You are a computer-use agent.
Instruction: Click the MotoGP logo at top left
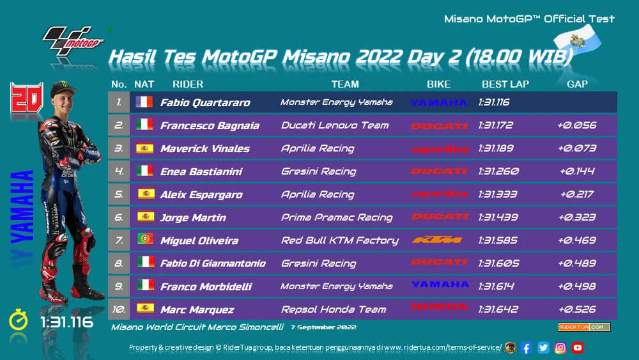tap(73, 41)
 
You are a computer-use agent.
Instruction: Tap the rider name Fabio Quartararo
tap(205, 102)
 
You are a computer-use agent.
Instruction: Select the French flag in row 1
tap(144, 102)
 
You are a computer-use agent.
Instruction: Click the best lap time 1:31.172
tap(496, 125)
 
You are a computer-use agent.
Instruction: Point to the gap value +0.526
tap(577, 309)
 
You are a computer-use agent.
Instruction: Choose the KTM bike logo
tap(437, 240)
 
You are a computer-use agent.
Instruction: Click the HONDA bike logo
tap(440, 306)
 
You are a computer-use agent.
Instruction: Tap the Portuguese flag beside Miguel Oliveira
tap(146, 239)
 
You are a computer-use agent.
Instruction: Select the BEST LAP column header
tap(505, 84)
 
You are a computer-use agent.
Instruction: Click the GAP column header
tap(577, 84)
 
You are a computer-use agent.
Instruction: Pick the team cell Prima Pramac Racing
tap(337, 217)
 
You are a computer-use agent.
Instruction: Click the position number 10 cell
tap(119, 309)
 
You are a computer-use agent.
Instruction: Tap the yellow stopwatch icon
tap(19, 320)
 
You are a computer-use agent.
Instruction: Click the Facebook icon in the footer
tap(526, 348)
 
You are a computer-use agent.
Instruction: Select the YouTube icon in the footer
tap(578, 348)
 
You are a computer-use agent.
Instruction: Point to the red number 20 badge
tap(26, 97)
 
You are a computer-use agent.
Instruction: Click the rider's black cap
tap(63, 88)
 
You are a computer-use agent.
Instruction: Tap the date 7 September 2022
tap(323, 327)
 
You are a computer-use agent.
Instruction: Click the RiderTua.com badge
tap(584, 327)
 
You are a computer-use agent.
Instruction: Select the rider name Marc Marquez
tap(197, 310)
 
